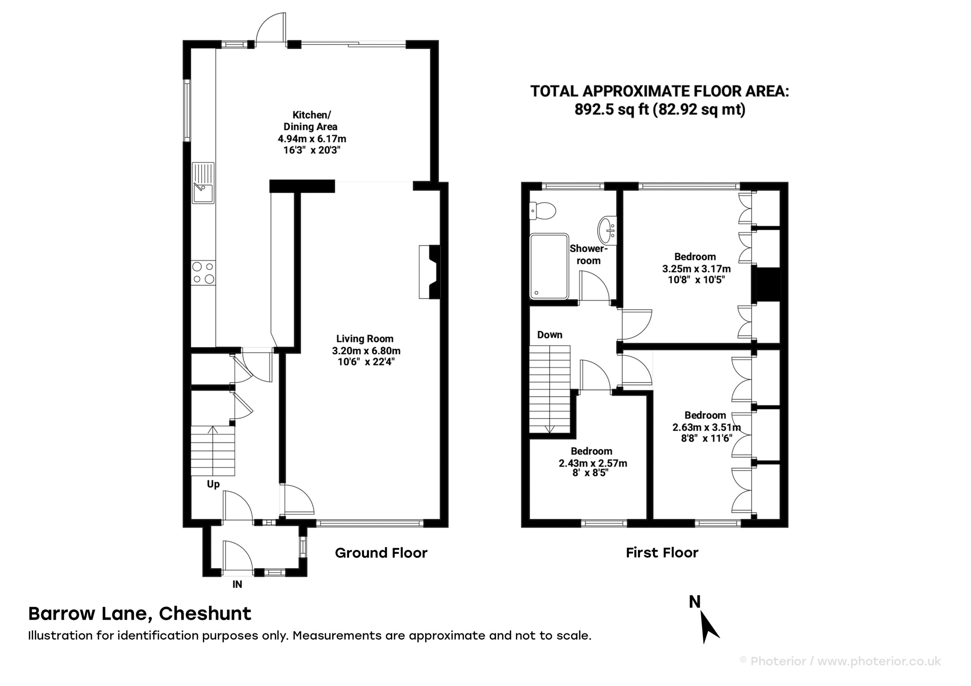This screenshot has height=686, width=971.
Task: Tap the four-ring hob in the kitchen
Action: (203, 273)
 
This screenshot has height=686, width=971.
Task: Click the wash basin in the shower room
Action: (607, 230)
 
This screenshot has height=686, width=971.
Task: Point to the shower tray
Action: (549, 266)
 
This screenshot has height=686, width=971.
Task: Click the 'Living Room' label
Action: (365, 338)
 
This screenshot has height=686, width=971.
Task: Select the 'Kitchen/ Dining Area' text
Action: (311, 121)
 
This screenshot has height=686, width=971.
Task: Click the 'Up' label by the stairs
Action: (213, 484)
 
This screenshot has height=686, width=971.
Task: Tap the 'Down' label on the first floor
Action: (550, 335)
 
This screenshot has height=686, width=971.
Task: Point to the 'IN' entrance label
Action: (237, 584)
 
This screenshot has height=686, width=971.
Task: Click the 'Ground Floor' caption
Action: (381, 553)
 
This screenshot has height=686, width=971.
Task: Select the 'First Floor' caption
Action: (662, 553)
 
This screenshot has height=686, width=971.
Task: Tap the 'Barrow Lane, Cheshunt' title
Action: (140, 614)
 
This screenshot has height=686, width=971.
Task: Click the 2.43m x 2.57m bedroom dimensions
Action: (593, 463)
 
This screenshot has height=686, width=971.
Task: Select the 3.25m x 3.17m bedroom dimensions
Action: (696, 269)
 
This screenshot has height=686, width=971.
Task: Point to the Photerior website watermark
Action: (840, 661)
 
